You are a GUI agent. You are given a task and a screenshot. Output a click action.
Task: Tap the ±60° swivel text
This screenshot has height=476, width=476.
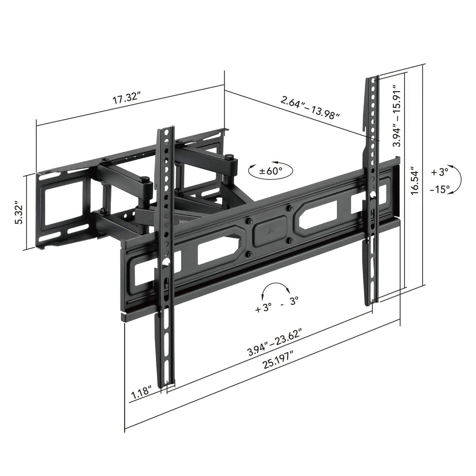coord(271,171)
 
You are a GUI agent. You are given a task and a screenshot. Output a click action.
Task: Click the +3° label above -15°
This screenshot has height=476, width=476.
coord(439,172)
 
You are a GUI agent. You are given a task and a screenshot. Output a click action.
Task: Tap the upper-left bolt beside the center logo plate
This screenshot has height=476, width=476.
coord(248,222)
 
